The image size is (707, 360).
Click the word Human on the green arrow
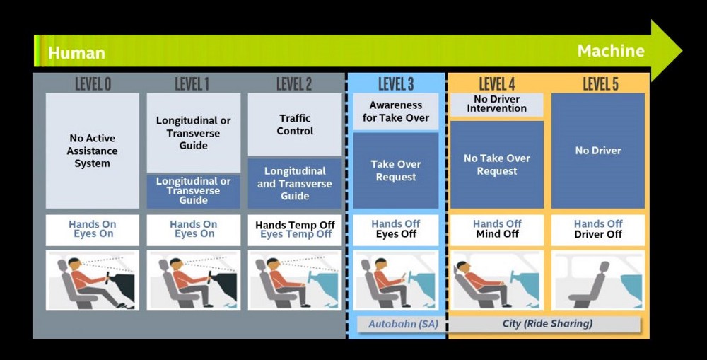[76, 53]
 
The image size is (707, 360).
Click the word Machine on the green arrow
[611, 51]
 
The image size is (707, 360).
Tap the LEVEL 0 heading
[93, 85]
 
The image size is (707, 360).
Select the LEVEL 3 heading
[396, 85]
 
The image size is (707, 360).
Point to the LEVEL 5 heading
[600, 85]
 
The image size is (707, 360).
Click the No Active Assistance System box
[93, 151]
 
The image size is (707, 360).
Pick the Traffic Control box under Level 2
[295, 125]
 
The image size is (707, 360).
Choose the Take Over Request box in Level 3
[396, 170]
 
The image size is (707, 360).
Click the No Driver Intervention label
[496, 104]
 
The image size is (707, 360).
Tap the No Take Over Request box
[497, 165]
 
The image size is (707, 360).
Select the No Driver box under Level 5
[598, 151]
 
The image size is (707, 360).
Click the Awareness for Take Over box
[396, 112]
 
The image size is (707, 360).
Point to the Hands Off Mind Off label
[497, 229]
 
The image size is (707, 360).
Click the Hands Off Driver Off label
[598, 229]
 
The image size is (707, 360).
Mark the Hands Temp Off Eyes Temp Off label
[295, 230]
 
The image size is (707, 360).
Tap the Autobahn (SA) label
[396, 324]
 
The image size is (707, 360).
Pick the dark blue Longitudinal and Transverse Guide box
[295, 183]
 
